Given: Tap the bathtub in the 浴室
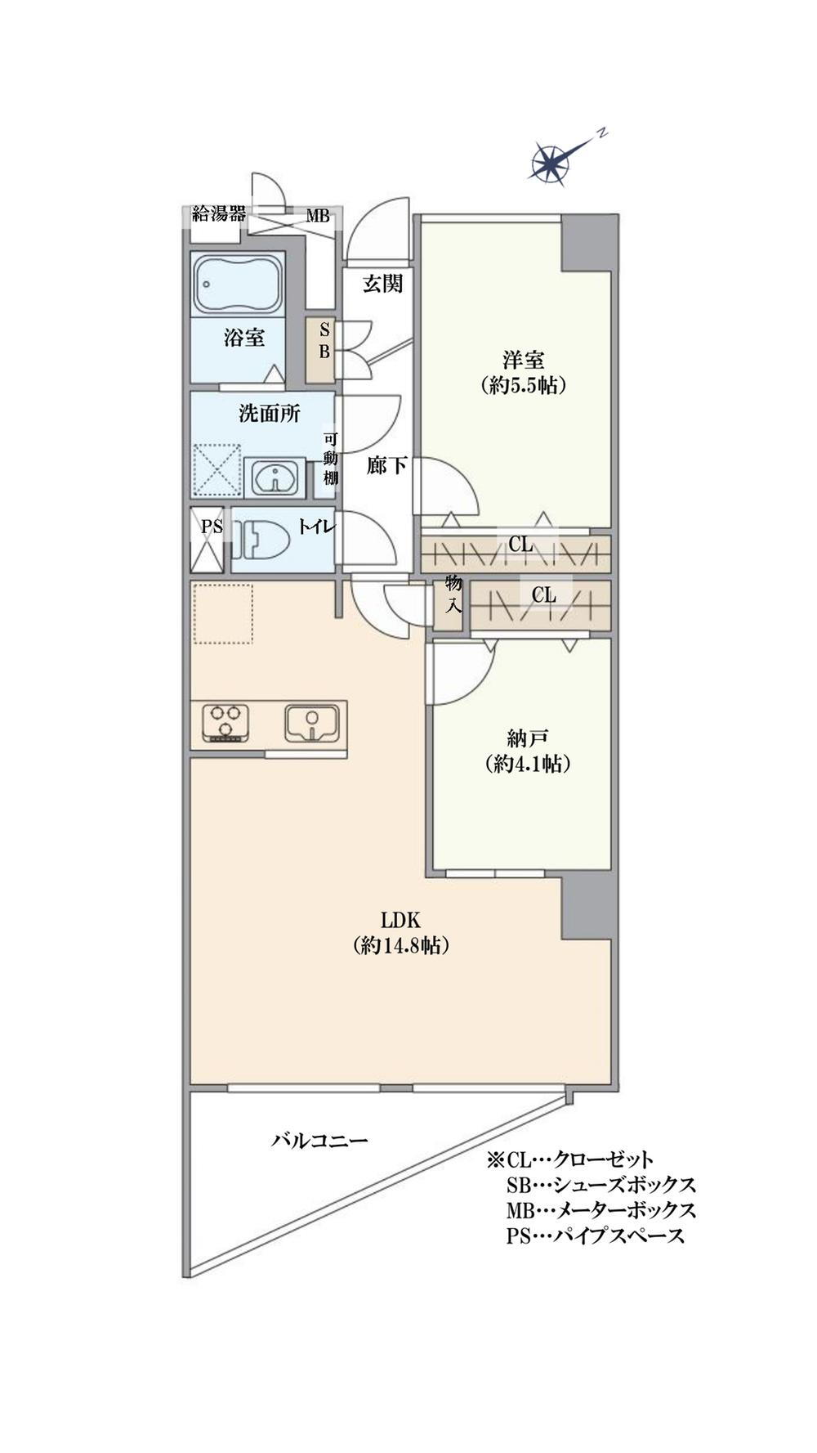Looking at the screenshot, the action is click(x=237, y=283).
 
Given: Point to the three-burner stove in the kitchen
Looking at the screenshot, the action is click(x=226, y=724).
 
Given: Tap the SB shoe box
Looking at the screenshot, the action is click(x=320, y=350).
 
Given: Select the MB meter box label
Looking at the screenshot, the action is click(x=318, y=217).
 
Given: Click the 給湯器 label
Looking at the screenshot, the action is click(x=218, y=214).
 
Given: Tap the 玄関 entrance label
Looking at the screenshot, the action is click(x=382, y=284).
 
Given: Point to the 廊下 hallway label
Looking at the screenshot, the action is click(x=386, y=466).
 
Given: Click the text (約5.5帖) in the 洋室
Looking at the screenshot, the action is click(x=524, y=384).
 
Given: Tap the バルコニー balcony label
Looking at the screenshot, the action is click(x=320, y=1141).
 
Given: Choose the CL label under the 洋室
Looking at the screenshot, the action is click(x=521, y=544).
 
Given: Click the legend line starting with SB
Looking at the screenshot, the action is click(x=600, y=1185).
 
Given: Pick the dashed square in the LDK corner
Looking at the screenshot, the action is click(x=223, y=613).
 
